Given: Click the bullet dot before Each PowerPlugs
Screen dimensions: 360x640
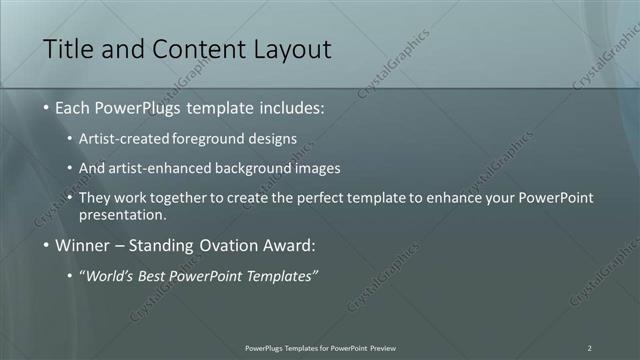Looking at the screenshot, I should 47,107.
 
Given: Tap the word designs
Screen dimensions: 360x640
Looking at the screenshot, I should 272,138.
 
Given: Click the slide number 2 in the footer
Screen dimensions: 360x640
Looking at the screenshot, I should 589,348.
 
